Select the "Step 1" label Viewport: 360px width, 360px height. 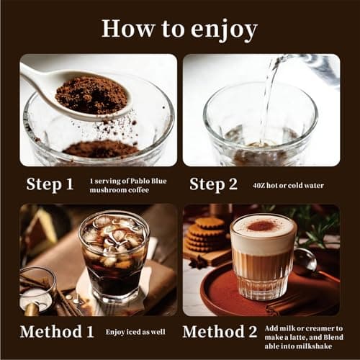[x=50, y=184]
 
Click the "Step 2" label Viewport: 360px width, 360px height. [x=213, y=184]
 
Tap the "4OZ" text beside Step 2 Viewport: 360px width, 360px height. [x=261, y=186]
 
